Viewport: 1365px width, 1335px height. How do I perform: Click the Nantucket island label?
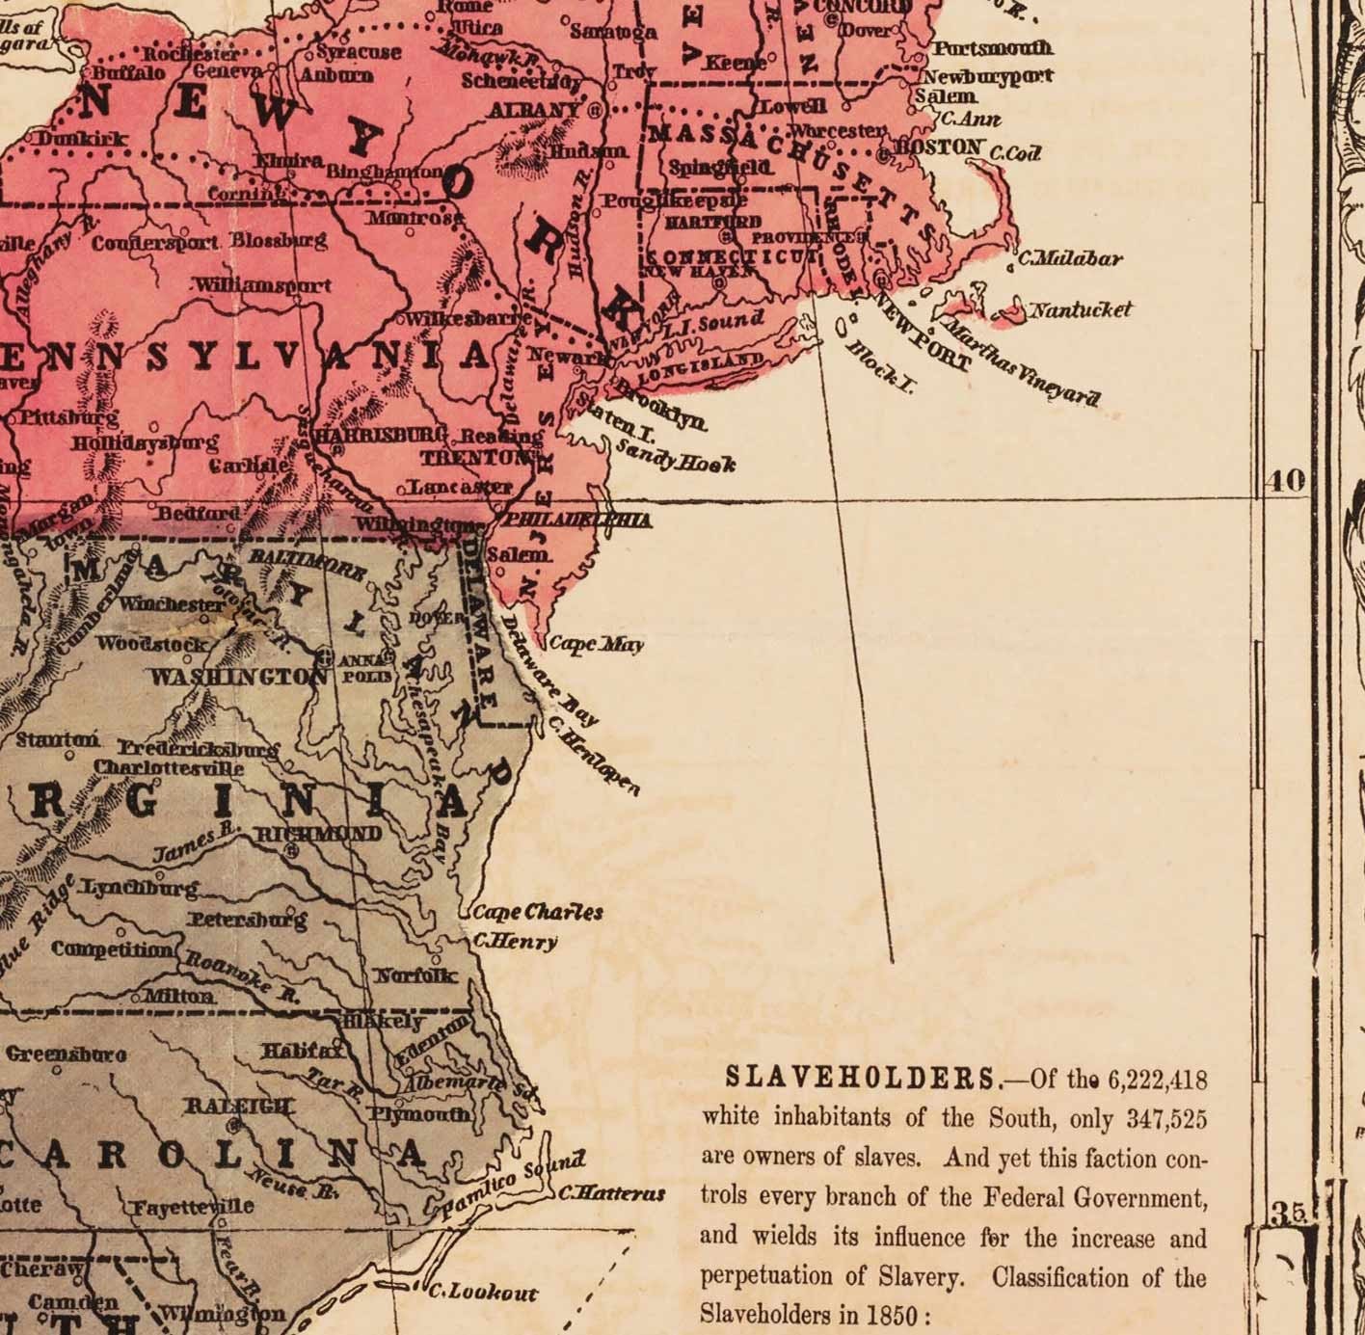1080,310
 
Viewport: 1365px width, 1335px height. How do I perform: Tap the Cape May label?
596,644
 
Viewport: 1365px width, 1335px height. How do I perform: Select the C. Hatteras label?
612,1193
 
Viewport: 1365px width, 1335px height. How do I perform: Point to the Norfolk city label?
415,975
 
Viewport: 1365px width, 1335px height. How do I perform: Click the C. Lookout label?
482,1292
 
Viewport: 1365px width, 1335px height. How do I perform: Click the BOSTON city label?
939,147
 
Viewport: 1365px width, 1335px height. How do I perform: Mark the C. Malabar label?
1070,258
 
